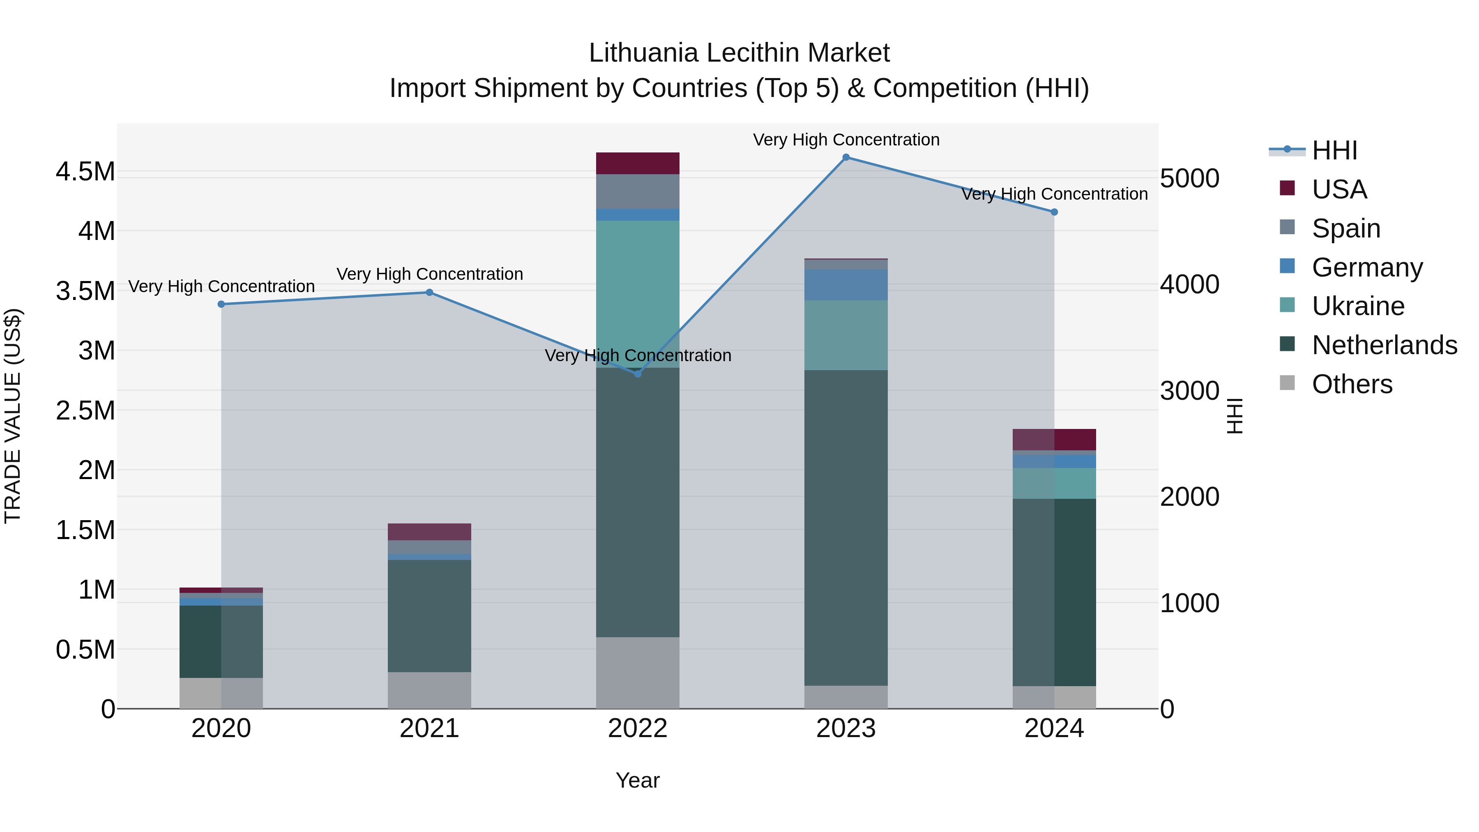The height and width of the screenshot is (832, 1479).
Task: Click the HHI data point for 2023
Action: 846,157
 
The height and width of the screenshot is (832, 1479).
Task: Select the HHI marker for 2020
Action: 221,304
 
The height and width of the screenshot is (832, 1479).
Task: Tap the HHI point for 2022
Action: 637,374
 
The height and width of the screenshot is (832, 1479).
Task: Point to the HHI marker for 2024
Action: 1054,212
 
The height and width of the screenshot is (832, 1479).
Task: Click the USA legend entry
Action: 1339,189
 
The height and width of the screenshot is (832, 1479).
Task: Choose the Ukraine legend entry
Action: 1358,306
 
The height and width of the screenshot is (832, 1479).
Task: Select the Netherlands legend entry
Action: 1384,345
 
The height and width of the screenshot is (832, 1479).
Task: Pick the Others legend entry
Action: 1352,384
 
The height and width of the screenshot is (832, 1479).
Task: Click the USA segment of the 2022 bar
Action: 637,163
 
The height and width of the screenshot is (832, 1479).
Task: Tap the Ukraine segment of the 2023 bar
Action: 846,335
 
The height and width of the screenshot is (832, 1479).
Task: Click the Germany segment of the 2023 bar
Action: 846,285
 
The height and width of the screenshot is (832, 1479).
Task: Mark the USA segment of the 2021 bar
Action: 429,532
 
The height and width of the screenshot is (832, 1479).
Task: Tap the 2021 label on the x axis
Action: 429,728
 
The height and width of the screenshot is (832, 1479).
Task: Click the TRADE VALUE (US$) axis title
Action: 13,416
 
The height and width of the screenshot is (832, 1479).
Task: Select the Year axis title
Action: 637,780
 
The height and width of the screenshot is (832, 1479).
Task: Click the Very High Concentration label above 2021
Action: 429,274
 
